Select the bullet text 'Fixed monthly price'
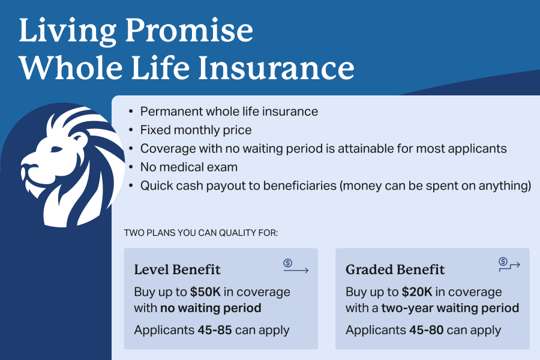(x=196, y=130)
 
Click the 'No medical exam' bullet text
(x=188, y=167)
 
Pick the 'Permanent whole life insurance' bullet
(x=229, y=112)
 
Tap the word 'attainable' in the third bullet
(x=335, y=148)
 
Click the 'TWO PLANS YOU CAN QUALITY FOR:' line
(x=200, y=232)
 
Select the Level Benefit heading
(x=177, y=269)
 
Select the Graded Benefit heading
(x=395, y=269)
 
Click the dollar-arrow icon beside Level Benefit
(x=295, y=266)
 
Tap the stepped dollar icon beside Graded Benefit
(x=509, y=263)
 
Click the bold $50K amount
(x=206, y=292)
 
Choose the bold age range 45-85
(x=212, y=330)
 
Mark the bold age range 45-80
(x=424, y=330)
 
